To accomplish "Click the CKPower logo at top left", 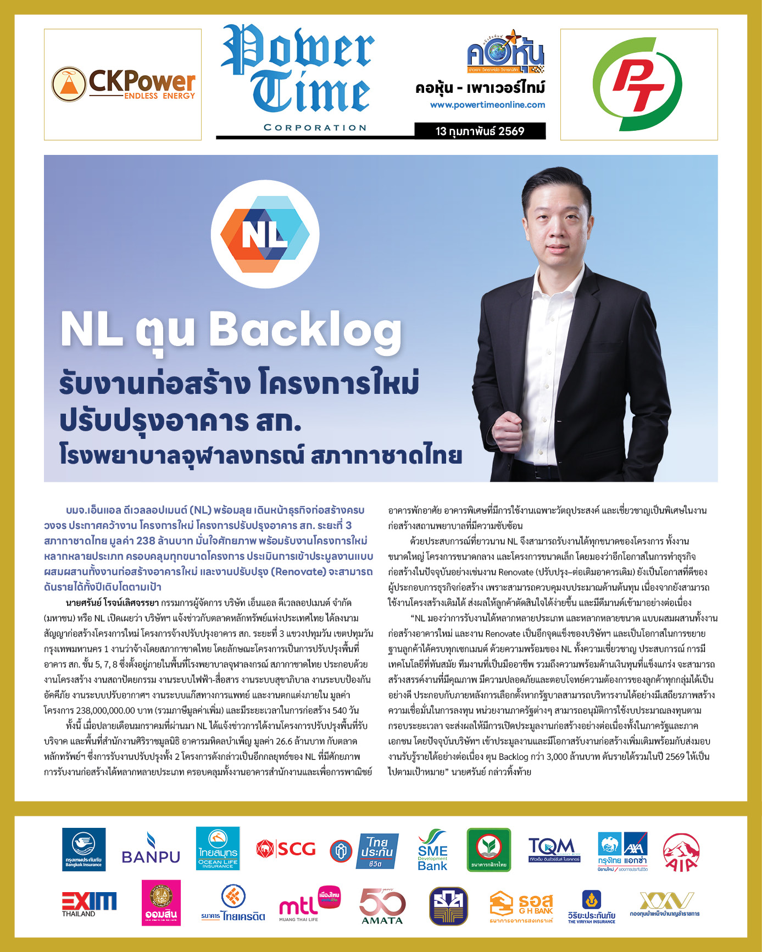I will [123, 85].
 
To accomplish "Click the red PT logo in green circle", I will [638, 85].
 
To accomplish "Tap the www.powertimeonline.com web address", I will [487, 105].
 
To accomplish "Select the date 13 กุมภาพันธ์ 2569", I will [480, 131].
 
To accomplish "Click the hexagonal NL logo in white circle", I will [265, 235].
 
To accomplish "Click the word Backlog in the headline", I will [305, 330].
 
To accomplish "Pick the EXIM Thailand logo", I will [88, 904].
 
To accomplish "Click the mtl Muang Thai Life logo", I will [309, 904].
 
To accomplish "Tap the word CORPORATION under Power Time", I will [315, 127].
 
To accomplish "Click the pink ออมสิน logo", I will [161, 903].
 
